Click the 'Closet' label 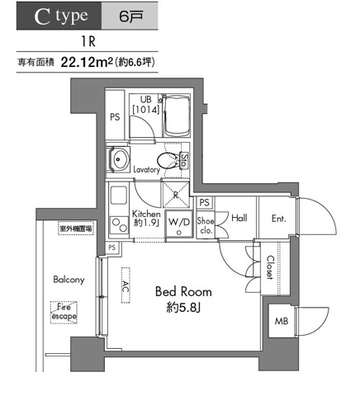[x=270, y=269]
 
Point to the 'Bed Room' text [x=183, y=292]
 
